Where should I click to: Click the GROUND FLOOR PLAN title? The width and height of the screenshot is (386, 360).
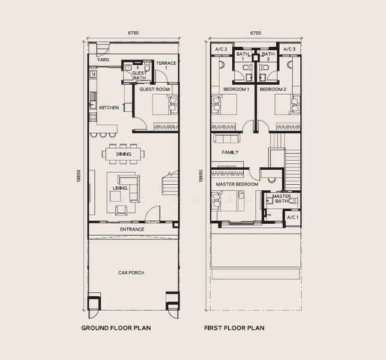pos(116,328)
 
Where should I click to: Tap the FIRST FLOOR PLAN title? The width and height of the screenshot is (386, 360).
pos(234,328)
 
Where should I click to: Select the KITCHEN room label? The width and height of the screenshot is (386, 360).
pos(109,107)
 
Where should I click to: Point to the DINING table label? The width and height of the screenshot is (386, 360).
pos(124,154)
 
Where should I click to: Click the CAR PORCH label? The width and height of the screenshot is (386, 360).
pos(131,272)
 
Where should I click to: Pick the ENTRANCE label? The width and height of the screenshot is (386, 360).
pos(132,229)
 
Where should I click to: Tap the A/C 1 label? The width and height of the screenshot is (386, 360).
pos(293,217)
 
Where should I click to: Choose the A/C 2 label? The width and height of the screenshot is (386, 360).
pos(221,49)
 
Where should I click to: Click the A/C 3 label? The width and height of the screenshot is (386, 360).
pos(289,49)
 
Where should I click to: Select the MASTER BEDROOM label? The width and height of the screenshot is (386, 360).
pos(237,184)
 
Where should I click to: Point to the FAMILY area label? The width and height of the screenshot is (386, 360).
pos(230,152)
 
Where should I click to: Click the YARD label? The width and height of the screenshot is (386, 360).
pos(103,60)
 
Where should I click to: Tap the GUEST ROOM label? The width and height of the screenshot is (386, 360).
pos(155,89)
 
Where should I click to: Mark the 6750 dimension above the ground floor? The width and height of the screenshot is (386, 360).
pos(133,33)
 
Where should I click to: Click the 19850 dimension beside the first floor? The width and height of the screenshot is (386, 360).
pos(201,176)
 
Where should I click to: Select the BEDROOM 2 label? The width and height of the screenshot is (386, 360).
pos(273,89)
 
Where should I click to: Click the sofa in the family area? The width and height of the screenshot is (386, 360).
pos(227,138)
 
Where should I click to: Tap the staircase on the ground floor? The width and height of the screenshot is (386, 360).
pos(170,183)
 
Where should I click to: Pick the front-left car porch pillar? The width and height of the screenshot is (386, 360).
pos(94,304)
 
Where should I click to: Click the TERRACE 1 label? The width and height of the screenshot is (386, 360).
pos(166,65)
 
